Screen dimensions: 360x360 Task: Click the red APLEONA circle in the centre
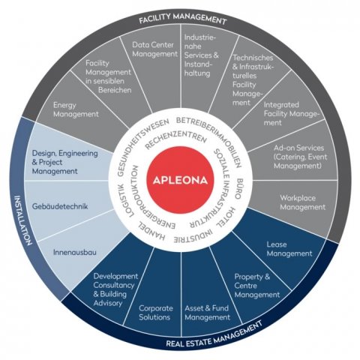coord(180,180)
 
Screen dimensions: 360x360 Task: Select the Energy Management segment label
coord(76,109)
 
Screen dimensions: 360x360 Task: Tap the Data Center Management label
coord(155,49)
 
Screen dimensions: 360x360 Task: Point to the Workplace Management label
coord(302,202)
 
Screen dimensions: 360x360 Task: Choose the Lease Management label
coord(289,249)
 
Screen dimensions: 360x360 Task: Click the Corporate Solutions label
coord(156,313)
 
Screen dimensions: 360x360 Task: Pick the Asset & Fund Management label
coord(207,313)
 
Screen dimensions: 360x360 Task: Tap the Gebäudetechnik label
coord(60,206)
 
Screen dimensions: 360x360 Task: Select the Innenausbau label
coord(75,252)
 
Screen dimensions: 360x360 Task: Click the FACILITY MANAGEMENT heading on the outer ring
coord(183,19)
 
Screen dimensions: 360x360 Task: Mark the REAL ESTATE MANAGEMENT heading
coord(214,334)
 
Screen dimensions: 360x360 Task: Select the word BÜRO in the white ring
coord(241,189)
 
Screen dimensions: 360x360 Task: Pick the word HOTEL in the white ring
coord(224,217)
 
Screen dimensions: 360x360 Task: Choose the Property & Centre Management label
coord(257,286)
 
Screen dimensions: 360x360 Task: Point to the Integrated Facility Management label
coord(292,114)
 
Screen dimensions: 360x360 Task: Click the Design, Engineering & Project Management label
coord(65,162)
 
